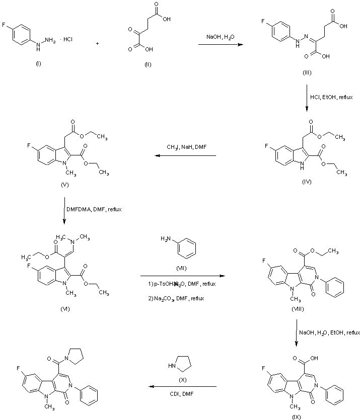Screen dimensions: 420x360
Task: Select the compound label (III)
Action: coord(307,73)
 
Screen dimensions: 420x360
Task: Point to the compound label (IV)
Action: coord(307,182)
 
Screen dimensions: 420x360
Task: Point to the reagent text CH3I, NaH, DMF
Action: coord(185,147)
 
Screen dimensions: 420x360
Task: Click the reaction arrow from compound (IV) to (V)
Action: coord(185,156)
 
